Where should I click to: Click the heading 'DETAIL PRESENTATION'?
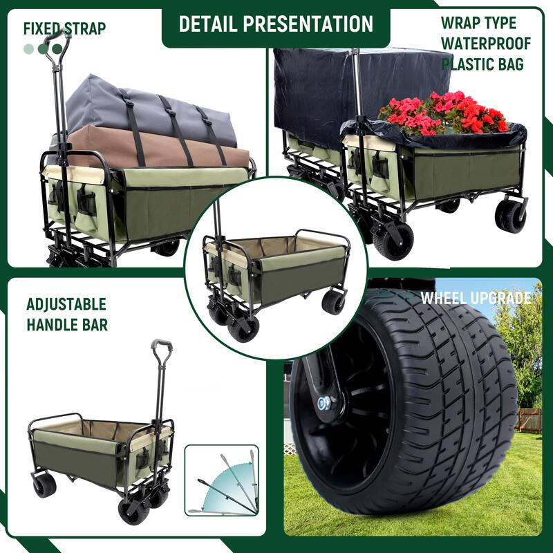tap(276, 24)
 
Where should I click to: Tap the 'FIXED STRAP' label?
tap(64, 28)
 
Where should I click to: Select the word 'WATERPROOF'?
tap(486, 44)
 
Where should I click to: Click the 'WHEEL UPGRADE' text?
tap(476, 299)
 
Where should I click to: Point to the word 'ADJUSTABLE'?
tap(66, 304)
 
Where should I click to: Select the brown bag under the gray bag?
tap(159, 149)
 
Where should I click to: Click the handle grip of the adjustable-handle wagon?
tap(162, 346)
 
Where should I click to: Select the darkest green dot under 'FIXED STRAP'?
tap(57, 49)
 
